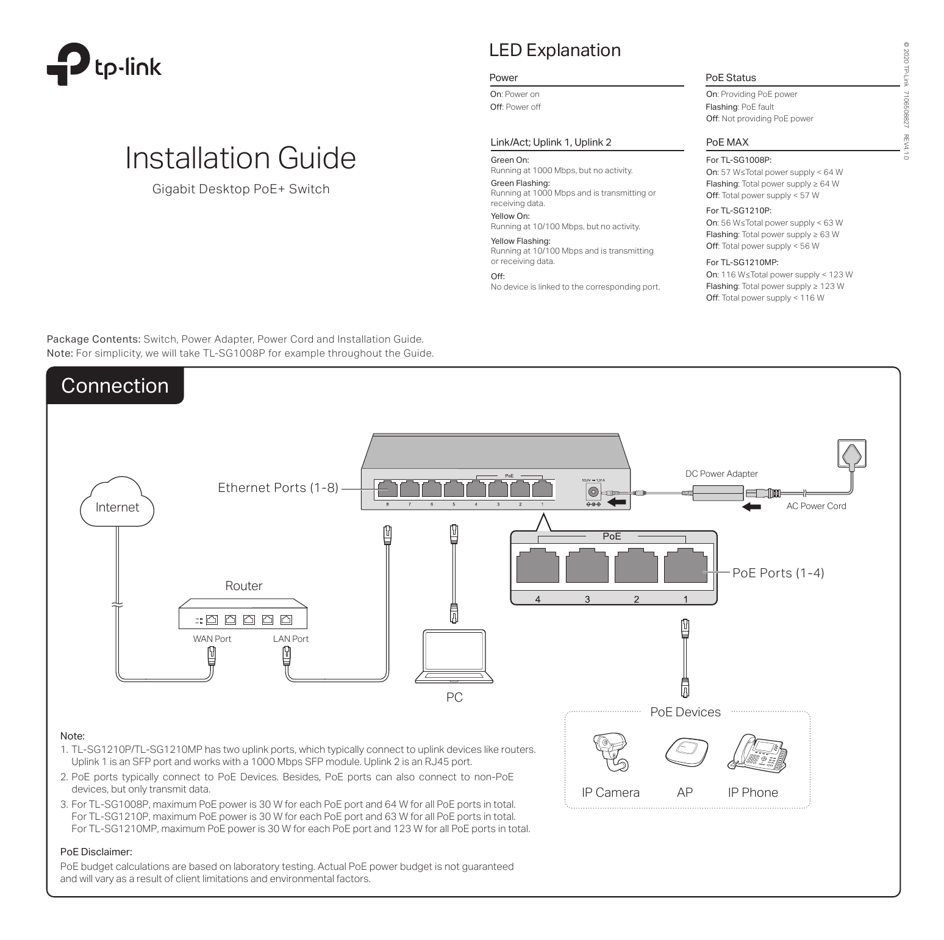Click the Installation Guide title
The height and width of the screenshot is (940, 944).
240,158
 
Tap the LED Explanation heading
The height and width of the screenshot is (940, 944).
554,50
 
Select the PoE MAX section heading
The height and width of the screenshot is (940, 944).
727,142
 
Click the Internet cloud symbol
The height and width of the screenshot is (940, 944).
117,504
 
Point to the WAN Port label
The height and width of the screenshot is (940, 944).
212,639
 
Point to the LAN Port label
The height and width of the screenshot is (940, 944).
290,639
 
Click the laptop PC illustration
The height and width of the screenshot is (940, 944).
454,656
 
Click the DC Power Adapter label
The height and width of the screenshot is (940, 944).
721,474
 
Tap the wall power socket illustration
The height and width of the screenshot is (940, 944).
852,455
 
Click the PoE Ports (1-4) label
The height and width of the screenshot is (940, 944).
778,573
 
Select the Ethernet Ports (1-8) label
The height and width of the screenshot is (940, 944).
277,488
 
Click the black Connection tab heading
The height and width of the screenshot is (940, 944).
115,386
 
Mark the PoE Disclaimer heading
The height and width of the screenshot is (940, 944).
96,852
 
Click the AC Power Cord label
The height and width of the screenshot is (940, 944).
816,506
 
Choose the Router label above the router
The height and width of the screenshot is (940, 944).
243,586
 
